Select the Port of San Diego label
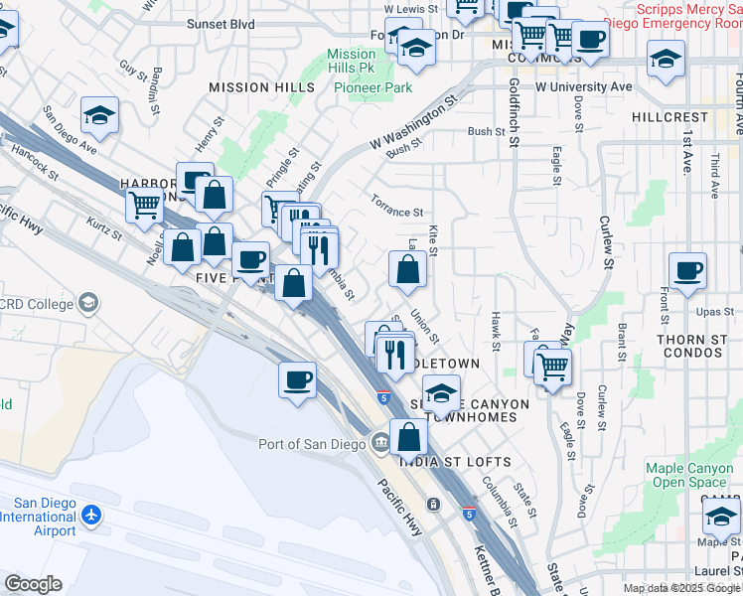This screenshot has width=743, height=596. tap(311, 444)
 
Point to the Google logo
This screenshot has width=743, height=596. tap(33, 584)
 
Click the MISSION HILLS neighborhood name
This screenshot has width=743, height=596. tap(261, 87)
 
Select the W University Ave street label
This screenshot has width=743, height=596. tap(584, 87)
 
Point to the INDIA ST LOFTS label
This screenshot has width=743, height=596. tap(456, 462)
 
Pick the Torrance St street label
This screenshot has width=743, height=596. tap(397, 212)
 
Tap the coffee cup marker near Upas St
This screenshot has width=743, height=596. tap(687, 271)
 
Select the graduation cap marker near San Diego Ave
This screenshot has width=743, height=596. tap(100, 117)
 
